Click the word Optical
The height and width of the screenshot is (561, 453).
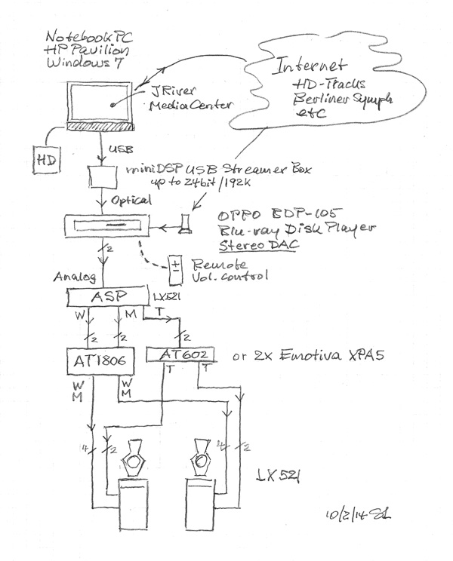coord(134,201)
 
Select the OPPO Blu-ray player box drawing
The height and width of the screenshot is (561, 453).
coord(109,225)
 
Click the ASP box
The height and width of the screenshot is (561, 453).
coord(109,298)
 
